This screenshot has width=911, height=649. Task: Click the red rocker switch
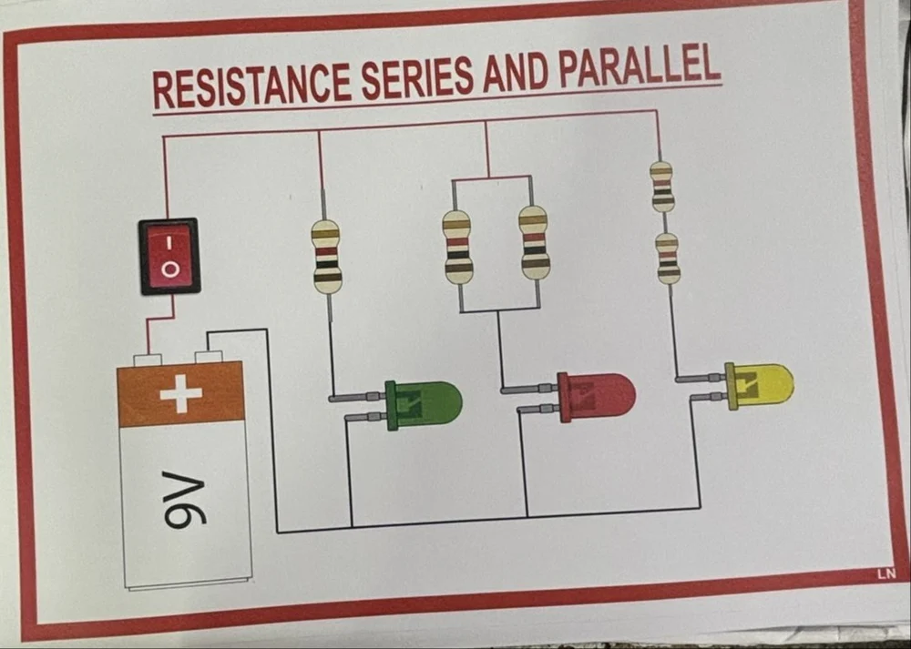click(169, 256)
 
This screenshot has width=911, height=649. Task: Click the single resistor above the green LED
click(327, 256)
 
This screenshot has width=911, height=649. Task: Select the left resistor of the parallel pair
click(457, 246)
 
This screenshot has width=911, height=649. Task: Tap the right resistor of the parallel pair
click(535, 242)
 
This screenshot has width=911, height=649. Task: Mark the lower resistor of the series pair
click(669, 258)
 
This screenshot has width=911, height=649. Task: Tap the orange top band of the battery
click(182, 394)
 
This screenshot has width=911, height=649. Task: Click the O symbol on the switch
click(169, 269)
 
